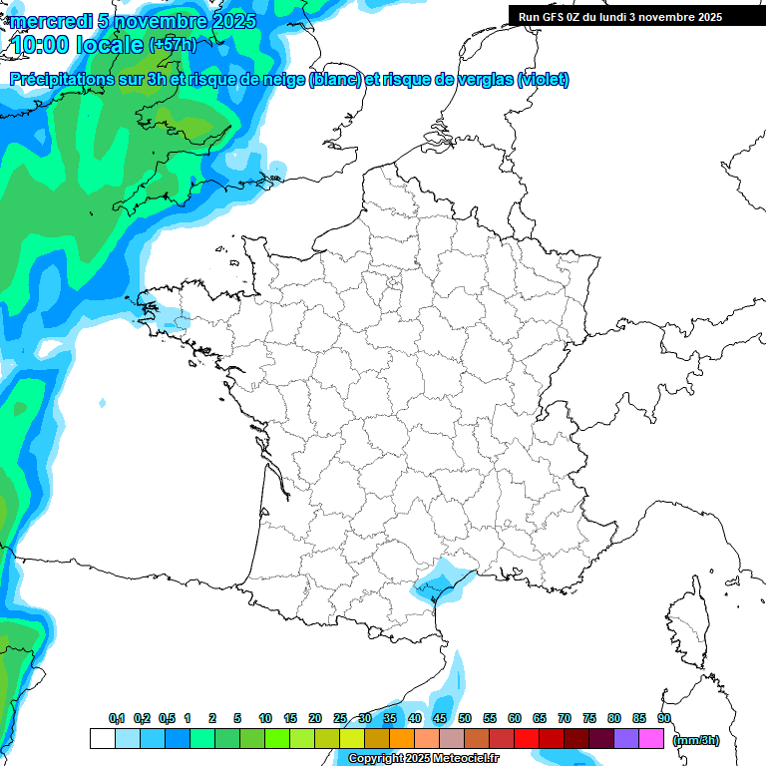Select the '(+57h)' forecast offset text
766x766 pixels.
pos(172,44)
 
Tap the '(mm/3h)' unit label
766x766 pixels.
pos(695,739)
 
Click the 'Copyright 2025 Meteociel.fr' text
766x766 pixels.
pos(423,759)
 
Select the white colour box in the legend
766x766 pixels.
pos(102,738)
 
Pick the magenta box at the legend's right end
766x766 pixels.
pos(651,738)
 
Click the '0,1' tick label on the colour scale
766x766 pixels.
pos(116,719)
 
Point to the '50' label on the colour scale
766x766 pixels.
pos(465,719)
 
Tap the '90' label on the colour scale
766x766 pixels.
pos(664,719)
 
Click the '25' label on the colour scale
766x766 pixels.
pos(340,719)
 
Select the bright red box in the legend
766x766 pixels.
pos(527,738)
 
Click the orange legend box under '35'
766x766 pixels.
pos(402,738)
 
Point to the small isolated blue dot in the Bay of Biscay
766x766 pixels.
pos(103,403)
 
